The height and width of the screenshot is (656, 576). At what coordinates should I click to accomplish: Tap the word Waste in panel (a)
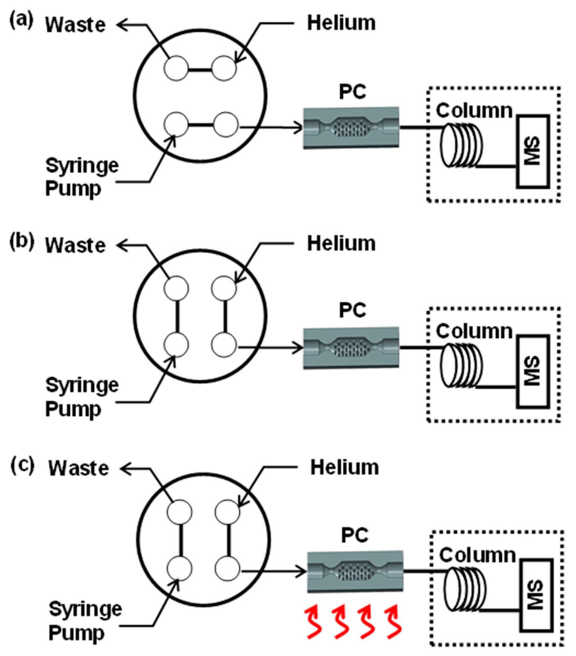pyautogui.click(x=75, y=25)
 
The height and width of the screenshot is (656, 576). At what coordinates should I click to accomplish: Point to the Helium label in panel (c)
pyautogui.click(x=345, y=467)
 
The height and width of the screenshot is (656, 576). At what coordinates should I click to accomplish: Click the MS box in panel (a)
pyautogui.click(x=533, y=151)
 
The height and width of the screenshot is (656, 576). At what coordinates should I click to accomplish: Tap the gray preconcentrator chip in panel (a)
pyautogui.click(x=351, y=128)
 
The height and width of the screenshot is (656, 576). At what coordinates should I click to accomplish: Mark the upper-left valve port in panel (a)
pyautogui.click(x=176, y=68)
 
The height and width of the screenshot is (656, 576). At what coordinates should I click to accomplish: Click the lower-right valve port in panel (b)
pyautogui.click(x=224, y=345)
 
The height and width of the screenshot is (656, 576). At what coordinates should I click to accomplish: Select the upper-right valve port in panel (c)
pyautogui.click(x=227, y=512)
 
